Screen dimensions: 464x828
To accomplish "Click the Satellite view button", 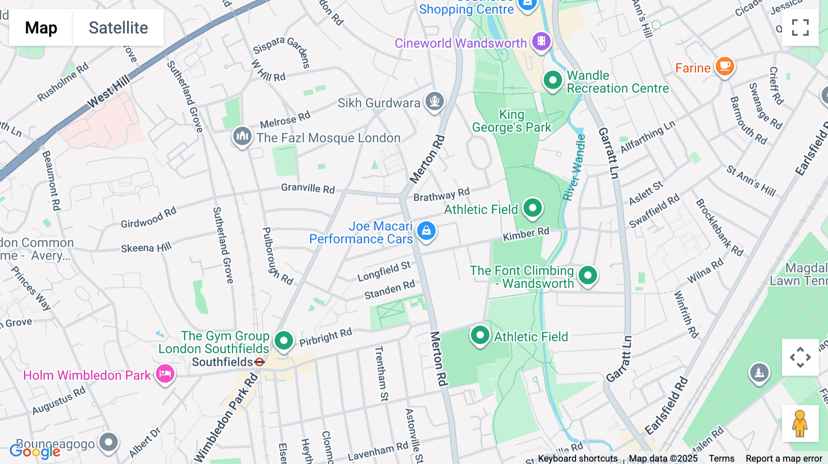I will [x=118, y=28].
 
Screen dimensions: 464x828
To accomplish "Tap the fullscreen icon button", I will [x=800, y=28].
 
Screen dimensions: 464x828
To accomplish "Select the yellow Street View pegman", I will [x=800, y=423].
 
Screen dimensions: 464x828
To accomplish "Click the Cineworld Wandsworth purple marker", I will [x=541, y=41].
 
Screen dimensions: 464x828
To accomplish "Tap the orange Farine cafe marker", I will [x=724, y=66].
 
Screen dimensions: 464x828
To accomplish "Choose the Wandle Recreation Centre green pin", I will [x=552, y=80].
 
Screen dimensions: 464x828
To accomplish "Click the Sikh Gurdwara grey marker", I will [x=434, y=101].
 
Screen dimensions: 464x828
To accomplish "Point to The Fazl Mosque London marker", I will [x=242, y=136].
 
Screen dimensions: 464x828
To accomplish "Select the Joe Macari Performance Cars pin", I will [x=426, y=231].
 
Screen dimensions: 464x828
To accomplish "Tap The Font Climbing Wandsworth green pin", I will [x=587, y=275].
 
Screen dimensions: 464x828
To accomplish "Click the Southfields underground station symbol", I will [x=259, y=362].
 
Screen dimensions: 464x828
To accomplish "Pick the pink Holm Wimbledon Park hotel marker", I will [x=165, y=373].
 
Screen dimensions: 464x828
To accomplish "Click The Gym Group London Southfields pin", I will [x=284, y=341].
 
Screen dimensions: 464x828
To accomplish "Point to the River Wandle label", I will [x=575, y=168].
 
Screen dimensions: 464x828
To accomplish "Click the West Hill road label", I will [x=109, y=92].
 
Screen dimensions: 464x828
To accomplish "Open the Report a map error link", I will [x=784, y=458].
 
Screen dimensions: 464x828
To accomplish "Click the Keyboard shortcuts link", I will [x=578, y=458].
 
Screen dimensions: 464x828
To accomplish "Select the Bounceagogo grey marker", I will [x=109, y=442].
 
